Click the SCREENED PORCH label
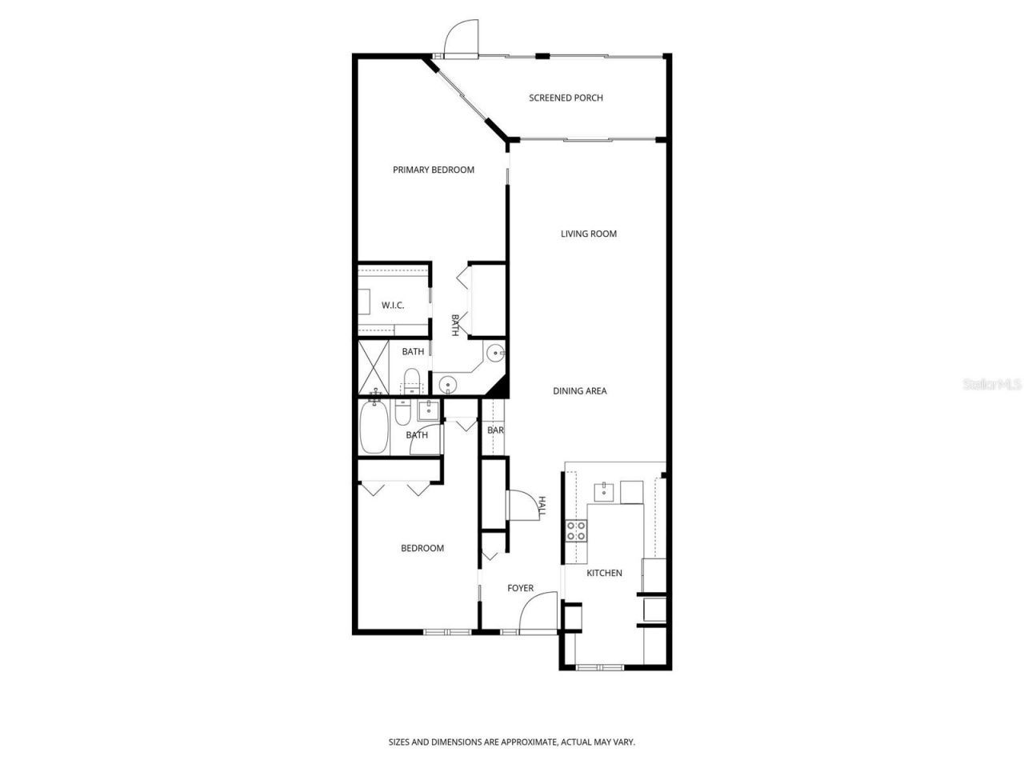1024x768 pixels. pyautogui.click(x=566, y=98)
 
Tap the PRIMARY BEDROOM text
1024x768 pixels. pyautogui.click(x=433, y=170)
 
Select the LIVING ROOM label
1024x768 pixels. pyautogui.click(x=588, y=234)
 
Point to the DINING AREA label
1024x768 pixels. pyautogui.click(x=579, y=391)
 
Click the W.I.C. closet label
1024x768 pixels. pyautogui.click(x=392, y=306)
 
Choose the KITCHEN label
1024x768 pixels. pyautogui.click(x=604, y=573)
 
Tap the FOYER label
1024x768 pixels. pyautogui.click(x=520, y=588)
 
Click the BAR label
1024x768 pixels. pyautogui.click(x=495, y=430)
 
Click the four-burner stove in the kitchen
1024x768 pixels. pyautogui.click(x=576, y=530)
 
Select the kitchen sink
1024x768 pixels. pyautogui.click(x=603, y=491)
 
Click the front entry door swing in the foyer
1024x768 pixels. pyautogui.click(x=538, y=612)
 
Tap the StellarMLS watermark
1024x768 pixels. pyautogui.click(x=992, y=385)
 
